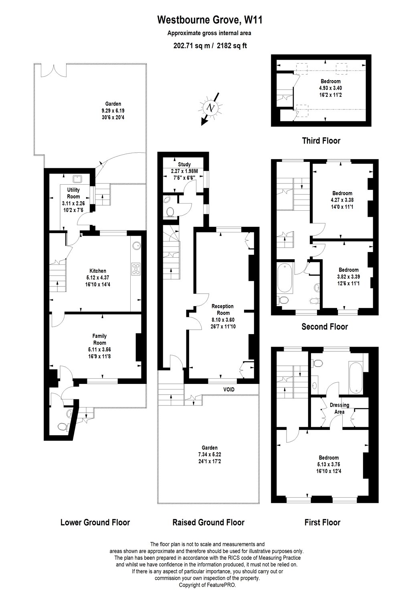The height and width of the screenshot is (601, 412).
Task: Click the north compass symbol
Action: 210,107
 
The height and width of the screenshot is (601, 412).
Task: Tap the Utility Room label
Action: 73,193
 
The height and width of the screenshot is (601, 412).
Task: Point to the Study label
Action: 184,164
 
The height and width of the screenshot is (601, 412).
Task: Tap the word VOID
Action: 229,389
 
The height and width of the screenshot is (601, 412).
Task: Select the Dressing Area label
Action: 339,408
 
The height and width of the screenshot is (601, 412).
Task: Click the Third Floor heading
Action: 321,141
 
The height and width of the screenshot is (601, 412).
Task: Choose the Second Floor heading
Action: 324,327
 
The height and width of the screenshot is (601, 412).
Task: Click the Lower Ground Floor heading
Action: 95,522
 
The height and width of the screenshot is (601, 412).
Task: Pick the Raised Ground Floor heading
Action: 208,522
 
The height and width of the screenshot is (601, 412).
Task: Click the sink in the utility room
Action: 76,178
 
